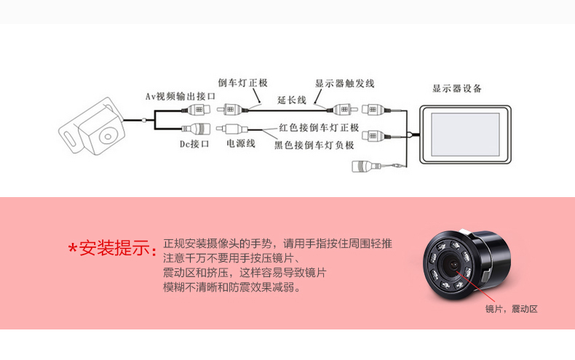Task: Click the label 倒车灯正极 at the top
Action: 243,83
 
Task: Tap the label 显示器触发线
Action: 345,84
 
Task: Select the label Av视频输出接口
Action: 181,97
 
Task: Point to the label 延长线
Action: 292,100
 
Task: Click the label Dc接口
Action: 194,144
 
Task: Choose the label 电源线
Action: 241,143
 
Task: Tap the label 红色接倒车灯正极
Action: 319,127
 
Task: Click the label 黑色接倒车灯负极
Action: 314,145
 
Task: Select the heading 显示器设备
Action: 456,88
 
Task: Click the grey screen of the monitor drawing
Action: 465,135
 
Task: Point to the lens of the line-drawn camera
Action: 108,137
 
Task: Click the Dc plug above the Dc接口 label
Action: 197,128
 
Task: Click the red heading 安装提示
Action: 114,248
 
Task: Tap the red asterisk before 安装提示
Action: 73,248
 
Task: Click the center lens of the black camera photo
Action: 453,265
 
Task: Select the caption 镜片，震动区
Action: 511,309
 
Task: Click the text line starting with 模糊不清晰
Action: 231,287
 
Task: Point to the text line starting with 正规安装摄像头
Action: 277,244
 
